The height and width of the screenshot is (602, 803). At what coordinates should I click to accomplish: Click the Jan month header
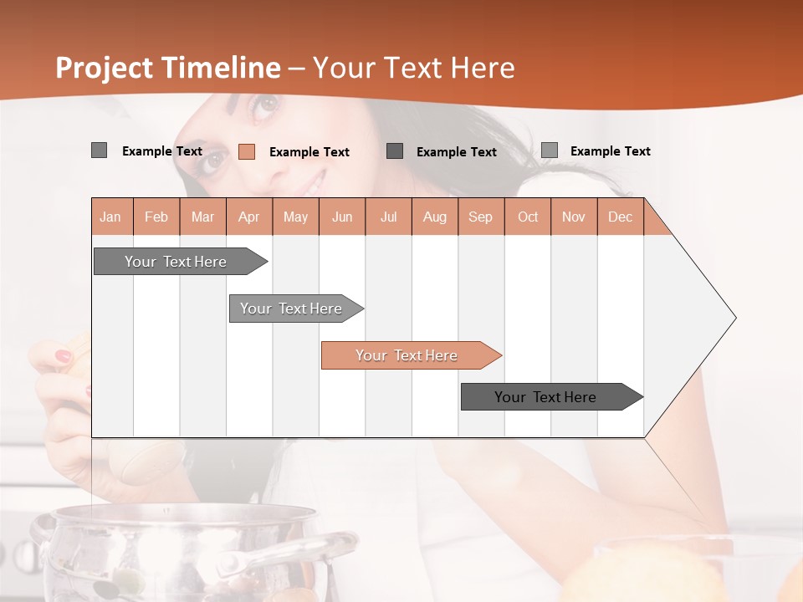110,217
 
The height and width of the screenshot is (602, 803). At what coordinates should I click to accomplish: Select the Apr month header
248,217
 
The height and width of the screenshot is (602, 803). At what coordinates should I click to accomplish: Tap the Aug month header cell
434,217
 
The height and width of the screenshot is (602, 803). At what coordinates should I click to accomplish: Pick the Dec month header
620,217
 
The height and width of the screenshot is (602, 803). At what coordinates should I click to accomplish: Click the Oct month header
527,217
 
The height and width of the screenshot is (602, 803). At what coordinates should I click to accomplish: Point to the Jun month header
341,217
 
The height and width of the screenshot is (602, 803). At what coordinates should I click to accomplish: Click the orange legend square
246,151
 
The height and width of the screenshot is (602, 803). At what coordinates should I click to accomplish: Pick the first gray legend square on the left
99,150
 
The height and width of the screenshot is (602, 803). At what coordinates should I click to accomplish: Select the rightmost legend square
549,150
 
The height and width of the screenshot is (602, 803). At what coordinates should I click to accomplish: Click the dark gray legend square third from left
395,150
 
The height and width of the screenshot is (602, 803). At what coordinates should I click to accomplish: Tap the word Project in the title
104,68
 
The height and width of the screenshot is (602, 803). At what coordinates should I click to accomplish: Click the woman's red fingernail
64,356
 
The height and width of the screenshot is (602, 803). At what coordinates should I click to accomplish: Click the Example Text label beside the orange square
309,152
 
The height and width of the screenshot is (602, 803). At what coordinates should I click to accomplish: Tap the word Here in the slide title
483,68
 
